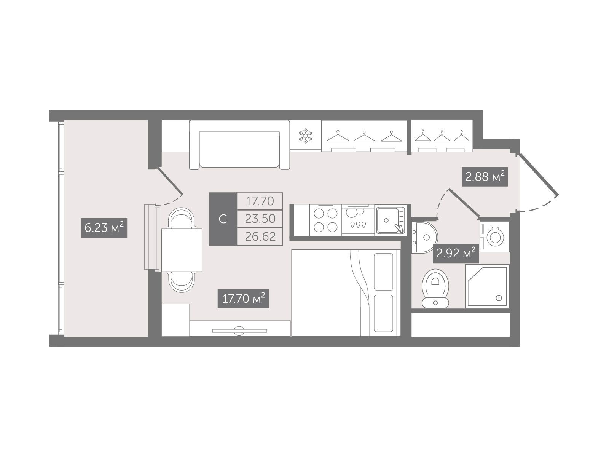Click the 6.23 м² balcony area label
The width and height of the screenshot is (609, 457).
(x=104, y=228)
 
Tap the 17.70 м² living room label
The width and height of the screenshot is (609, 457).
(x=243, y=299)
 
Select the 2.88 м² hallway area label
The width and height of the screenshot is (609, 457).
(x=485, y=177)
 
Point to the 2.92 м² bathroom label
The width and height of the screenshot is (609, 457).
(x=456, y=253)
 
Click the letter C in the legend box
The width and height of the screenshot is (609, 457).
(x=223, y=219)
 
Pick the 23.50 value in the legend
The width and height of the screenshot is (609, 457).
(x=260, y=219)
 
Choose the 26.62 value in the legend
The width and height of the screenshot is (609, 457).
(x=260, y=236)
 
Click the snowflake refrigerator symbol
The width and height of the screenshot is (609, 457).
(x=306, y=136)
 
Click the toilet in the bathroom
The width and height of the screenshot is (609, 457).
(x=435, y=289)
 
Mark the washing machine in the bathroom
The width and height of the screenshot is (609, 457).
(x=495, y=236)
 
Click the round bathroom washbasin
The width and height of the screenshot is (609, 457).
(x=424, y=237)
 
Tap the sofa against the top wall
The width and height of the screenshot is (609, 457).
(x=239, y=145)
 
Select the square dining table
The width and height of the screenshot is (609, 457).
(x=182, y=250)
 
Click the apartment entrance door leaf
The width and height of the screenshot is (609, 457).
(x=538, y=174)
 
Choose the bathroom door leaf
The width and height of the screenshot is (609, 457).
(x=464, y=203)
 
